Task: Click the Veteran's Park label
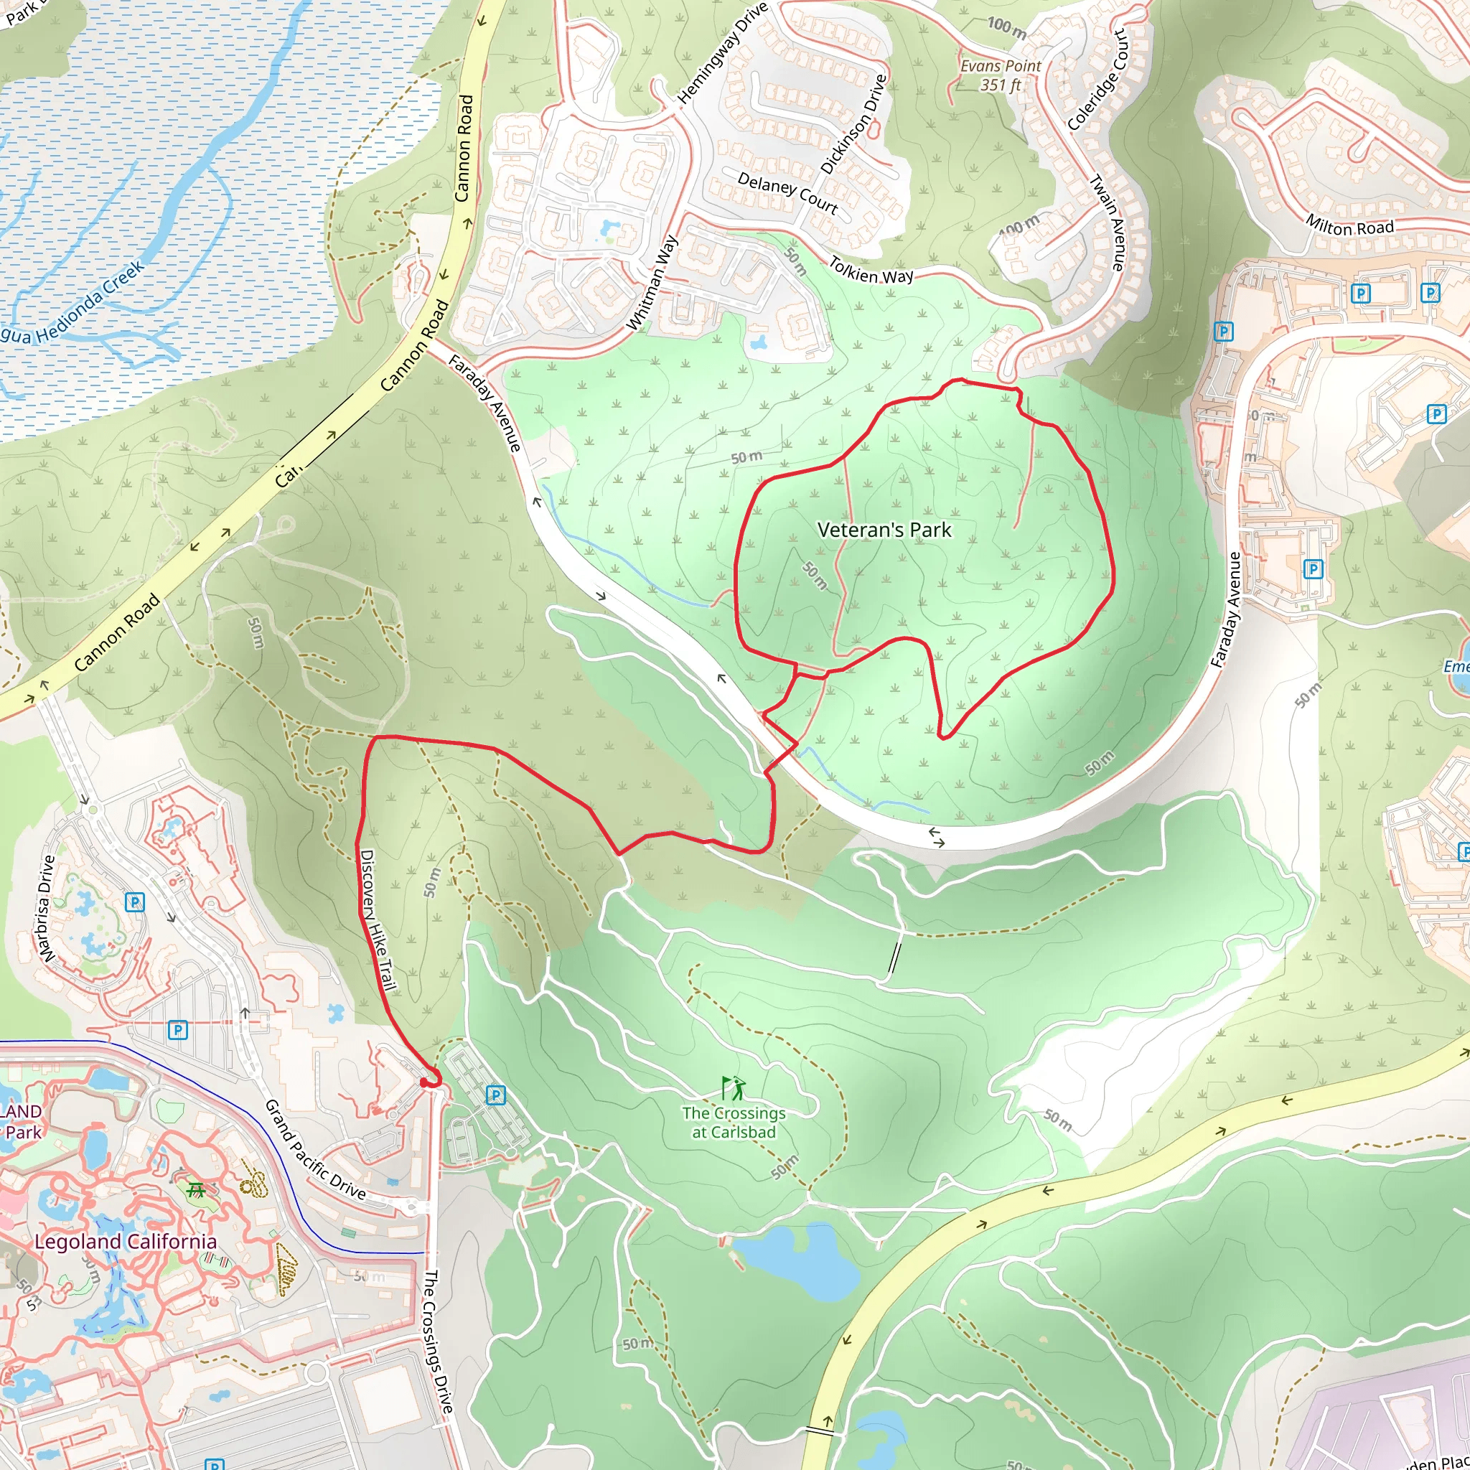pyautogui.click(x=884, y=530)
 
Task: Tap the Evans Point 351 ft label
pyautogui.click(x=1000, y=75)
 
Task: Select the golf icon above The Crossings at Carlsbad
pyautogui.click(x=734, y=1089)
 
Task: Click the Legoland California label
pyautogui.click(x=126, y=1242)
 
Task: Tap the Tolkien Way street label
pyautogui.click(x=871, y=271)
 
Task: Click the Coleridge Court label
pyautogui.click(x=1097, y=80)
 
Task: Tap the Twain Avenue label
pyautogui.click(x=1107, y=223)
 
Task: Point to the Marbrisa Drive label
pyautogui.click(x=47, y=909)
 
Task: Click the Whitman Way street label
pyautogui.click(x=651, y=283)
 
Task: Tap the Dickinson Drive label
pyautogui.click(x=853, y=124)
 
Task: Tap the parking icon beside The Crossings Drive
pyautogui.click(x=495, y=1095)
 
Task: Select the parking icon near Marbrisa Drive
pyautogui.click(x=135, y=902)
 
